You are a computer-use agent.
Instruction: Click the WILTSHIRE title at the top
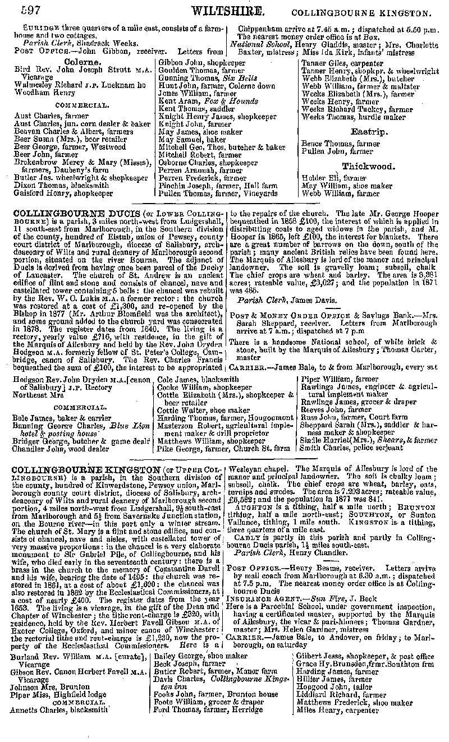227,11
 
